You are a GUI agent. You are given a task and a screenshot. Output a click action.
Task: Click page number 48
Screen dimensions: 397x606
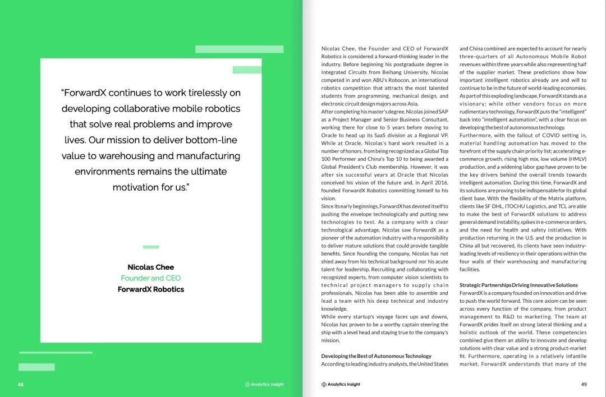[20, 385]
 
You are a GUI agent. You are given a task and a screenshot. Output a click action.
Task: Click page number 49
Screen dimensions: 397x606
[584, 384]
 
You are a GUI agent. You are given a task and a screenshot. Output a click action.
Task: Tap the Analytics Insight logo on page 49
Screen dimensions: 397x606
[341, 385]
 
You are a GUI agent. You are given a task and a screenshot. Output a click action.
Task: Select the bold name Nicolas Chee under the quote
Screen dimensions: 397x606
[150, 267]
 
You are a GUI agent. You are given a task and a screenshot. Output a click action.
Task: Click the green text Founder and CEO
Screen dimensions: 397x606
[150, 278]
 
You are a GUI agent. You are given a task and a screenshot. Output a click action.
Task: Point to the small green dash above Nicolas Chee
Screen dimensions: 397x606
[151, 247]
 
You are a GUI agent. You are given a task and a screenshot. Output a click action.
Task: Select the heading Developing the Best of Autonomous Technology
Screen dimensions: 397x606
[376, 356]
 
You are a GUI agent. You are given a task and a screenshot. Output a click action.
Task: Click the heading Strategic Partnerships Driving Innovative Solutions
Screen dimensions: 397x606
[518, 285]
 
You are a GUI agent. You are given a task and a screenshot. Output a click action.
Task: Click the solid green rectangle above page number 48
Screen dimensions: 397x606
[36, 367]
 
